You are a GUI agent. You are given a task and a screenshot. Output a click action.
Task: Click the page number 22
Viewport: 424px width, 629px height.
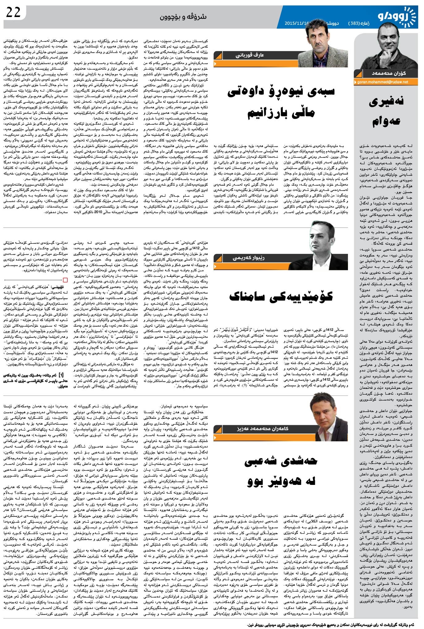[x=13, y=12]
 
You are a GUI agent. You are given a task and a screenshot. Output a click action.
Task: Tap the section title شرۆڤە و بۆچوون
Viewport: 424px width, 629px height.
[x=183, y=17]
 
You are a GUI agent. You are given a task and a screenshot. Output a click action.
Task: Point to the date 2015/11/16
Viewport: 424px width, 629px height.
[x=297, y=23]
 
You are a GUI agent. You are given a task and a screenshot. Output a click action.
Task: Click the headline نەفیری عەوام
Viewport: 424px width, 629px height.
[x=386, y=111]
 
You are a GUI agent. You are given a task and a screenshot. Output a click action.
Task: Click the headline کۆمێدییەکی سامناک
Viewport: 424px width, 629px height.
[x=281, y=296]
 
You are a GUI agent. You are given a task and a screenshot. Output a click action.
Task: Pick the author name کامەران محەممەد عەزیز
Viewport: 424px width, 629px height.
[x=262, y=429]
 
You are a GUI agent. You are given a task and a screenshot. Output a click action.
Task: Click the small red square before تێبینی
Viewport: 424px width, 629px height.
[x=65, y=280]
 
